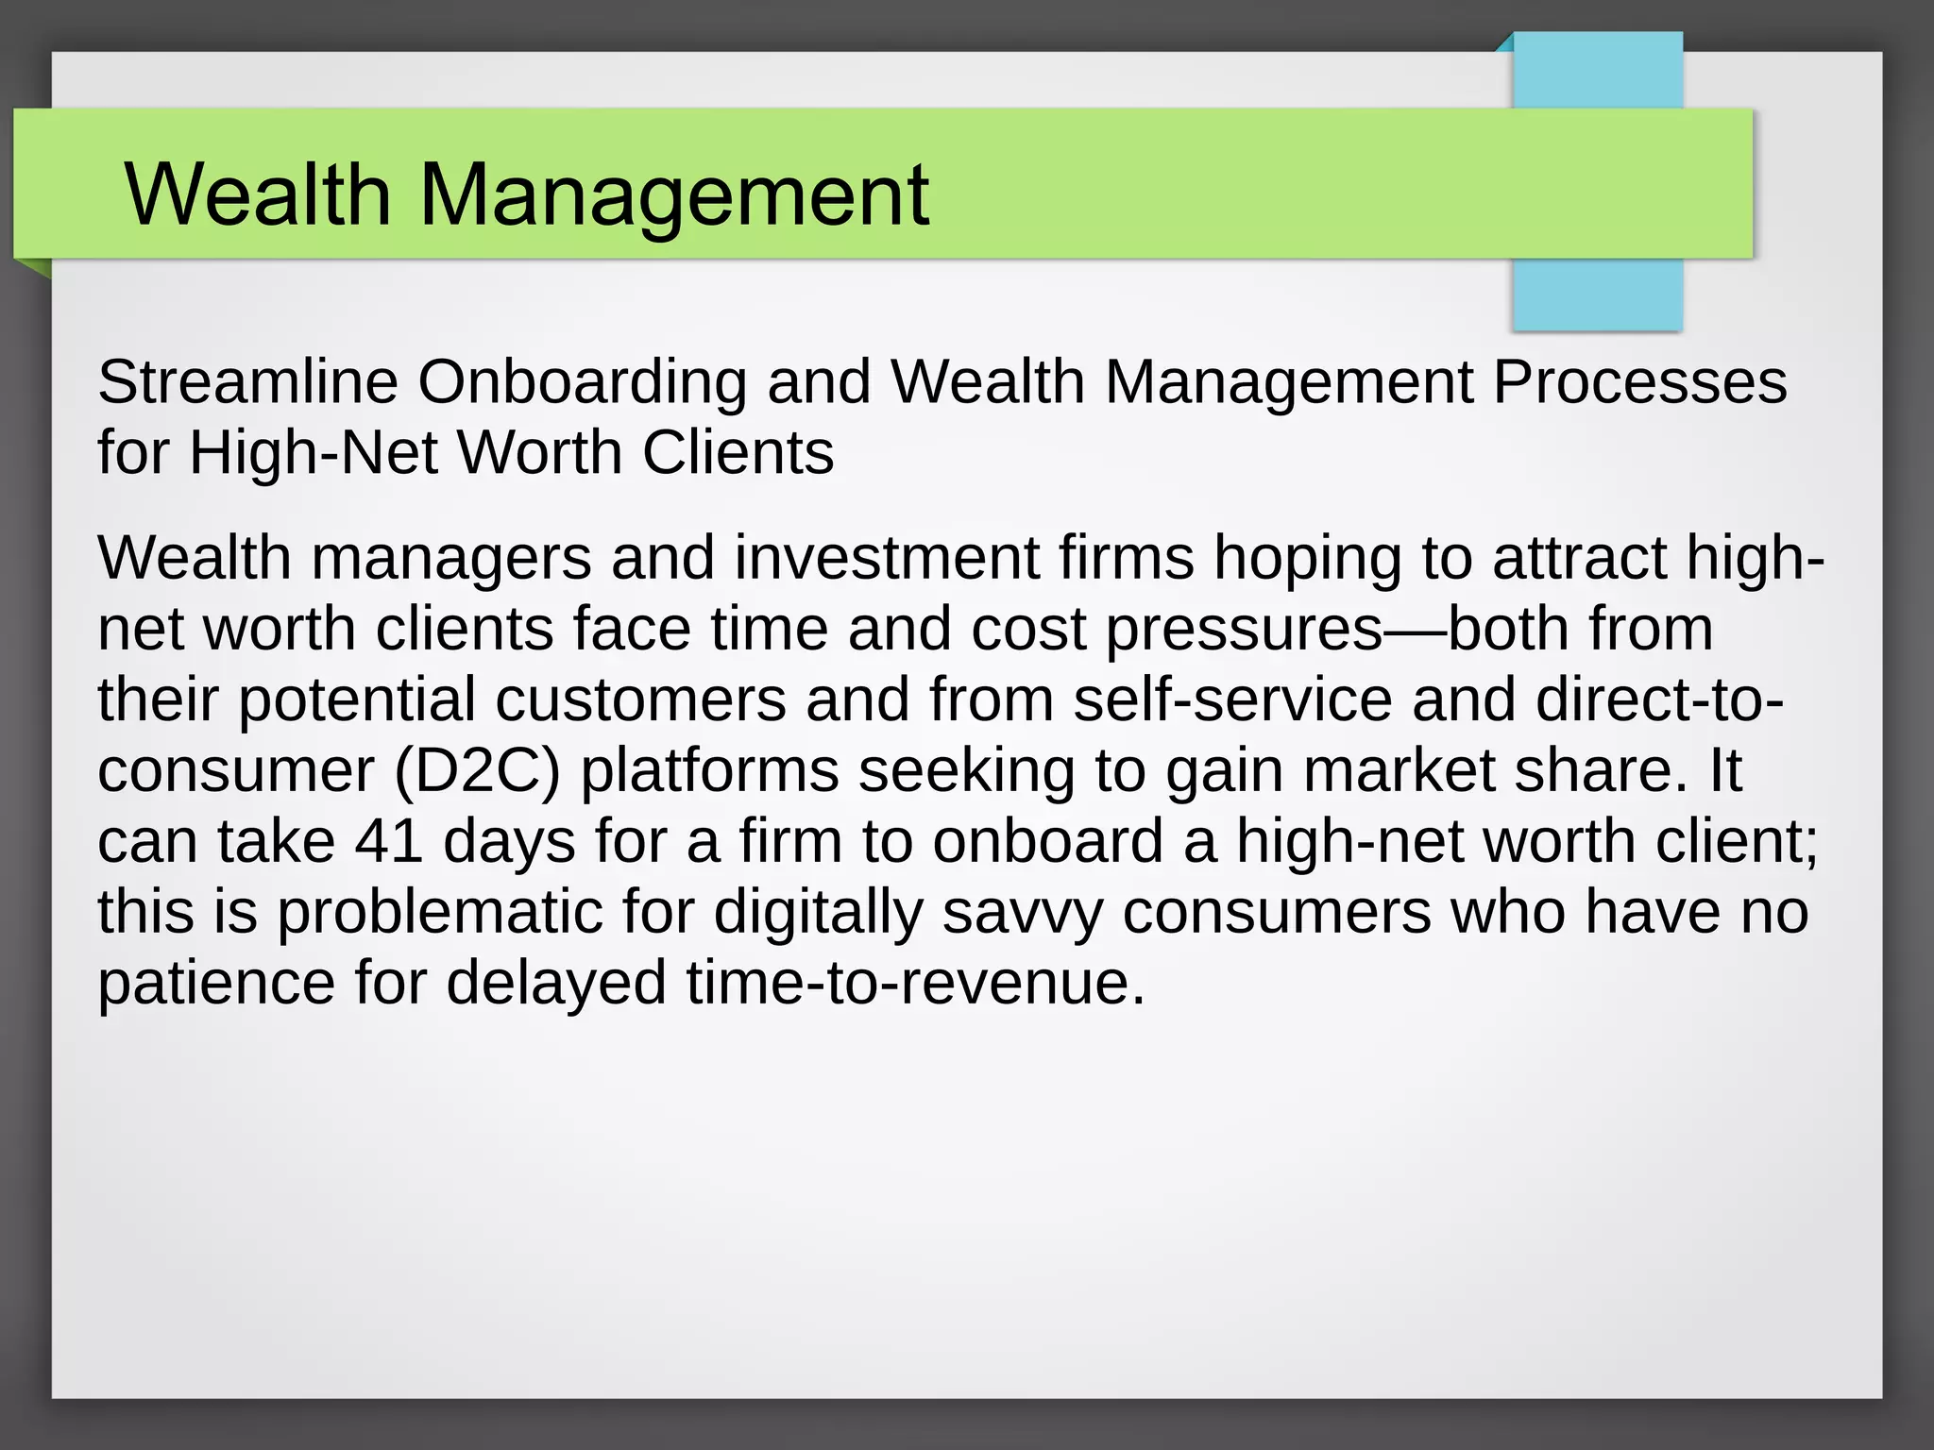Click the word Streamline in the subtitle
247,382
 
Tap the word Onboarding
582,384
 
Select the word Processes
1639,382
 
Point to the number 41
388,841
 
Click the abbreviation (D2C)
477,771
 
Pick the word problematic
439,913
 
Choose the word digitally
818,913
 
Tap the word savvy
1022,913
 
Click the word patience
216,984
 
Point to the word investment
887,558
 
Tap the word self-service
1232,700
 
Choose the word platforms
709,771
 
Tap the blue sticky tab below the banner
1597,294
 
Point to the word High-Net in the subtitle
314,453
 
